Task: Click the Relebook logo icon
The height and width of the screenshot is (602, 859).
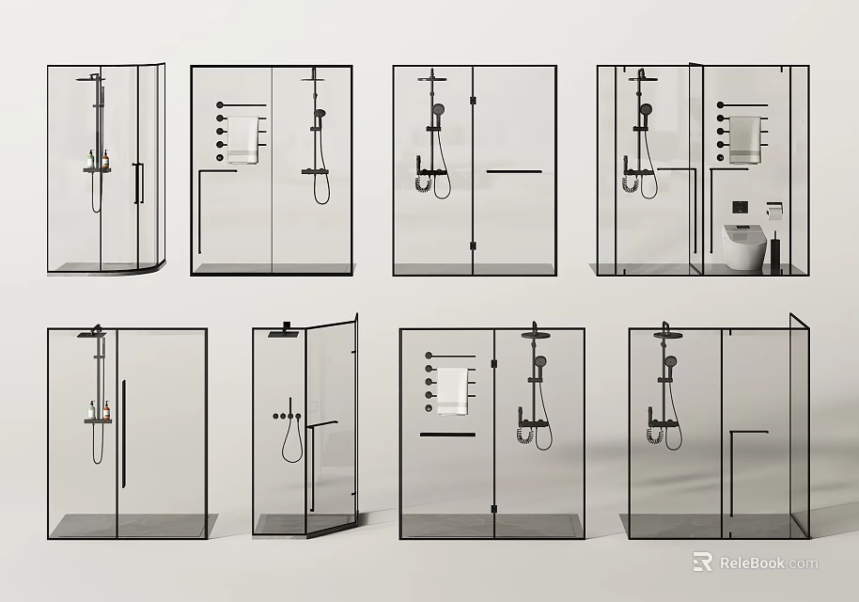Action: (x=702, y=562)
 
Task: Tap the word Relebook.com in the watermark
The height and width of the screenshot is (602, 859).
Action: (x=769, y=563)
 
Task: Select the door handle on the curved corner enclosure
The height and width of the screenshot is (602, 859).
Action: (x=137, y=182)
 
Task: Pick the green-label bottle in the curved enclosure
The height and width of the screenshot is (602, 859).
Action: (x=91, y=160)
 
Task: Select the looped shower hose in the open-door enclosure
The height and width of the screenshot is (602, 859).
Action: (x=291, y=443)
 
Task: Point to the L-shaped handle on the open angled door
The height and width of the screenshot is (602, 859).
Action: (x=314, y=461)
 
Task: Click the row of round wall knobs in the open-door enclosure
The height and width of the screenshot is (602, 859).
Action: (x=283, y=415)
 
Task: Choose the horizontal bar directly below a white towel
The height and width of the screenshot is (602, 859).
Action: (x=447, y=435)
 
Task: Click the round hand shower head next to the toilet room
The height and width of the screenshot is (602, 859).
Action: (x=645, y=109)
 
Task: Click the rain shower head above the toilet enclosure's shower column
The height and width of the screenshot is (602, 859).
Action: (x=640, y=75)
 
